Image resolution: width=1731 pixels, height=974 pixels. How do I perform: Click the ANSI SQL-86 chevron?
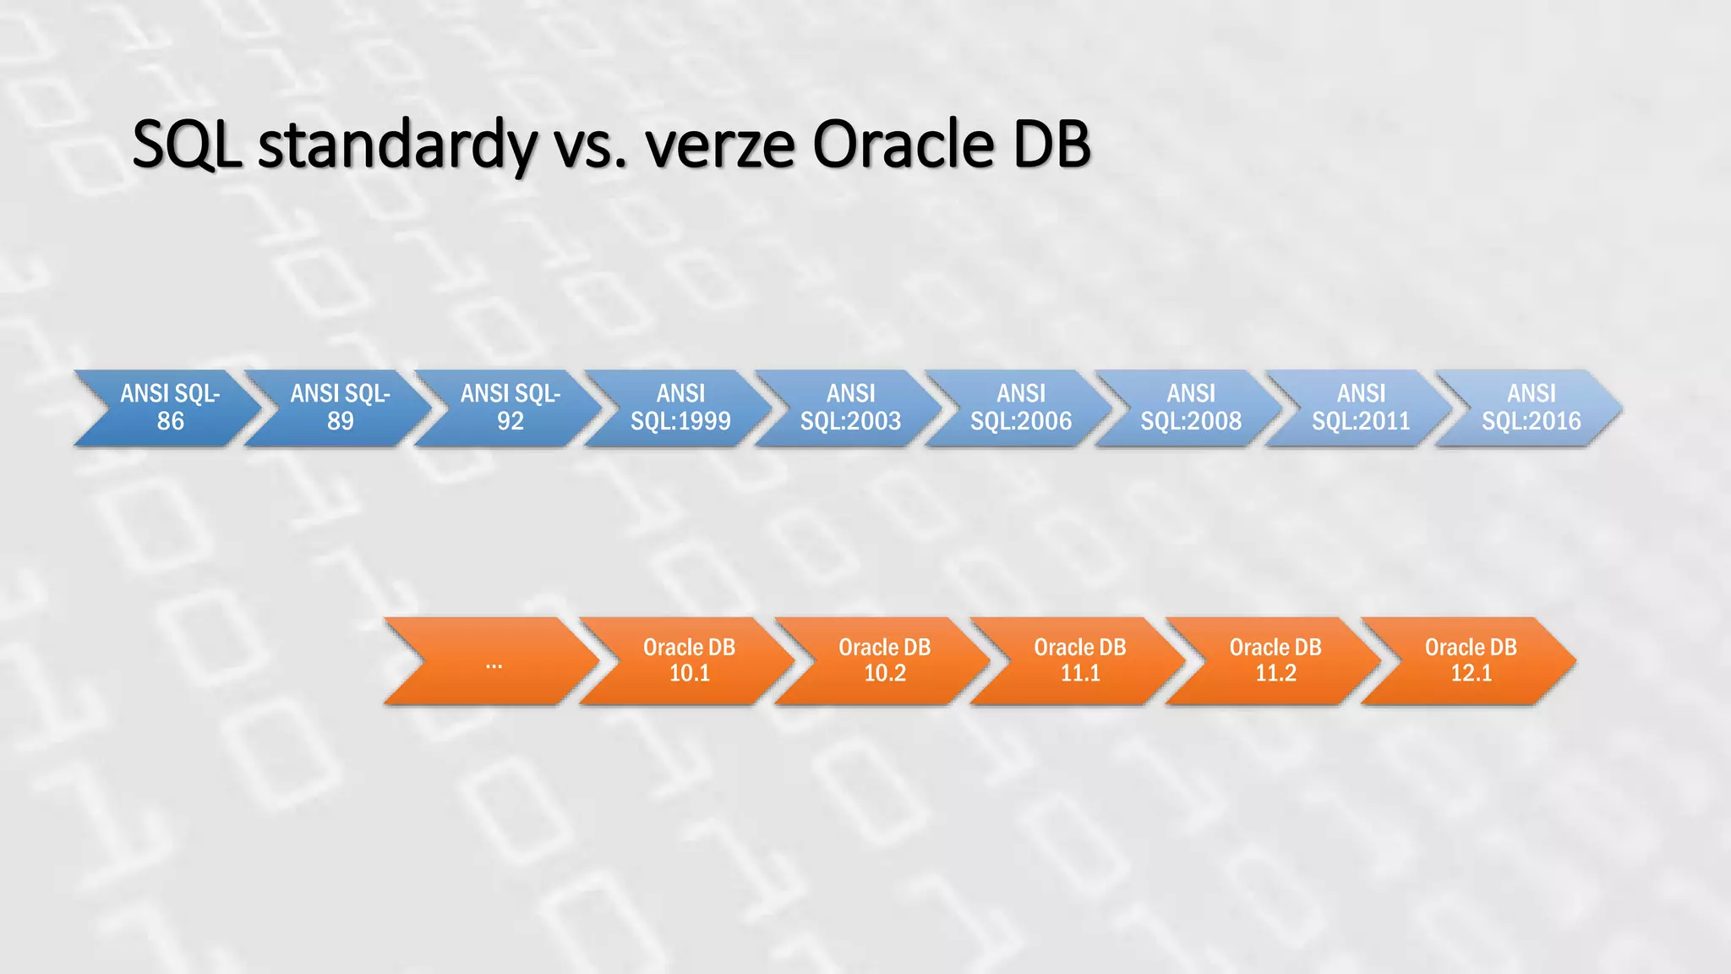(x=170, y=408)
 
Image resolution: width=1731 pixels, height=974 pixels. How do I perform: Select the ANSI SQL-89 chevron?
(x=340, y=408)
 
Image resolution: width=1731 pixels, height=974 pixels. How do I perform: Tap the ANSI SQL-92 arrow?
(x=510, y=408)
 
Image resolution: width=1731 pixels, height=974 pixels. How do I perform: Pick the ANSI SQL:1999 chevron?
(x=680, y=408)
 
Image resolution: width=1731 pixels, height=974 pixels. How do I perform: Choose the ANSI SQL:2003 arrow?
(x=850, y=408)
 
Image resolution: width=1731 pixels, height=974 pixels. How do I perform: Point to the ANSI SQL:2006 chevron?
(x=1020, y=408)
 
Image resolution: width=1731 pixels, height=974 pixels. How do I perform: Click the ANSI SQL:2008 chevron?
(x=1191, y=408)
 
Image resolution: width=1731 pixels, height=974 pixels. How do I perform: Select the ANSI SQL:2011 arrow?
(x=1361, y=408)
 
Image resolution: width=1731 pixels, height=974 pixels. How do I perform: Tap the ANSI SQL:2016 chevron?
(x=1531, y=408)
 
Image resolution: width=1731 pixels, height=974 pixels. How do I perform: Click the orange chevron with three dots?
(x=494, y=661)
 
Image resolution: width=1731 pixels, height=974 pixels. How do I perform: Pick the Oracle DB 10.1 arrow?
(x=689, y=661)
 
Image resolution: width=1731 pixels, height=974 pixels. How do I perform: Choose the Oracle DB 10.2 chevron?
(x=884, y=661)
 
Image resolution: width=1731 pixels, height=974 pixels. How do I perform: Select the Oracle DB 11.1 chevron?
(x=1080, y=661)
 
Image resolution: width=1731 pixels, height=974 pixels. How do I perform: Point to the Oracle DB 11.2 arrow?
(x=1275, y=661)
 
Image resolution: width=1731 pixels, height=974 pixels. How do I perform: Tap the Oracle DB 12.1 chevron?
(x=1471, y=661)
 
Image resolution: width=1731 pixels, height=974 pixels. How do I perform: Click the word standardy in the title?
(x=397, y=145)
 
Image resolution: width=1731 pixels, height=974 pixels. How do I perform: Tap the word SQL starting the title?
(x=187, y=145)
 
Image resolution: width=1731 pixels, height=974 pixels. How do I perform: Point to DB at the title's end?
(x=1051, y=145)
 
